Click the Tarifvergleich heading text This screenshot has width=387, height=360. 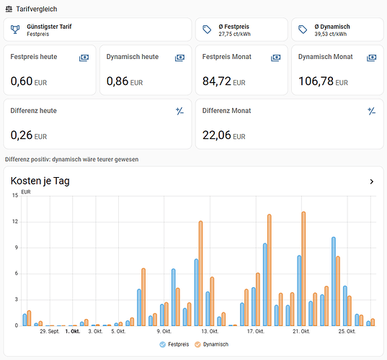click(x=37, y=9)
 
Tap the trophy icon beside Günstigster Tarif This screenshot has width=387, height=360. click(x=15, y=30)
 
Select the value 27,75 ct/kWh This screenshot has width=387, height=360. click(x=234, y=34)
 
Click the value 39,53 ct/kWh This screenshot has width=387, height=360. click(x=331, y=34)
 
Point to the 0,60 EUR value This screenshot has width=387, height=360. click(x=29, y=81)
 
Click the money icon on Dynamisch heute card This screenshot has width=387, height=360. click(x=179, y=58)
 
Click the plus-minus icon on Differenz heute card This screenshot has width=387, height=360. click(x=179, y=111)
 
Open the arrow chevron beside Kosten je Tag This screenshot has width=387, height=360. click(x=372, y=181)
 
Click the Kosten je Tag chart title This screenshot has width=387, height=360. click(x=40, y=181)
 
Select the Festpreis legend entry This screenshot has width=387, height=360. click(x=174, y=344)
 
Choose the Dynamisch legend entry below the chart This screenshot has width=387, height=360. click(x=212, y=344)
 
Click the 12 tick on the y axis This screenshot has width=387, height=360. click(x=15, y=222)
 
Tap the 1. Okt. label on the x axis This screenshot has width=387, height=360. click(x=73, y=331)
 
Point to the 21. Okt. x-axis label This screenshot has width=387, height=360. click(x=301, y=331)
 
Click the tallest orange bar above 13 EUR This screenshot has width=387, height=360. click(x=303, y=269)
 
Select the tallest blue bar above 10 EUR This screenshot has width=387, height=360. click(x=334, y=282)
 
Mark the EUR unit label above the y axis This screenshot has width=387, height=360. click(x=26, y=192)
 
